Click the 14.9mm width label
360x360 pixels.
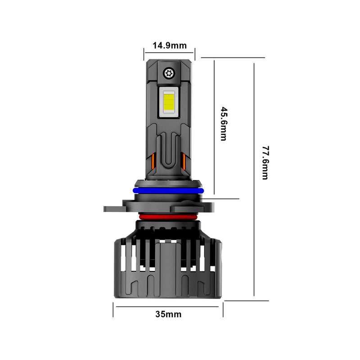coord(169,45)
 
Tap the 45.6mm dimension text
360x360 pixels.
coord(223,124)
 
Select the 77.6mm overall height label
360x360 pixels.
coord(265,162)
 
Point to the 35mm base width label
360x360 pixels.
coord(168,314)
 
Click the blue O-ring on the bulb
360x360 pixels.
coord(168,191)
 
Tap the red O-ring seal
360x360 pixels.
coord(168,217)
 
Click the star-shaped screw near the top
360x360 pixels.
coord(169,73)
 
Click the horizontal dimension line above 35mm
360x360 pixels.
coord(168,306)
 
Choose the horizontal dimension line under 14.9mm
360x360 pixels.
coord(169,53)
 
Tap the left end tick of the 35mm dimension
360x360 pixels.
coord(113,310)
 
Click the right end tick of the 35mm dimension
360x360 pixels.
coord(223,310)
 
